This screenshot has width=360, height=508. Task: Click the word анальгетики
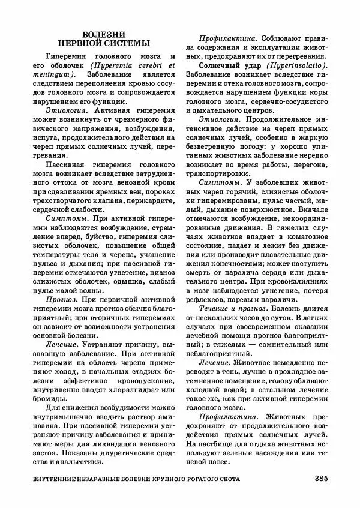click(78, 462)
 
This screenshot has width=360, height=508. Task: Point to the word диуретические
click(125, 453)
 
